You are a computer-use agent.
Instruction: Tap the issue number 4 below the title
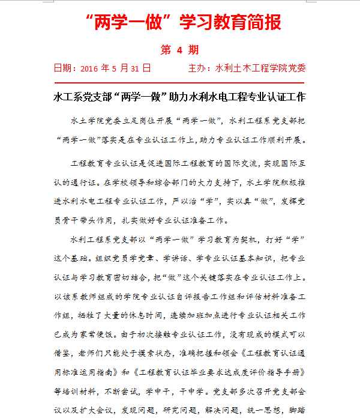coord(179,49)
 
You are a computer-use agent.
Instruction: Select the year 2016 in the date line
coord(89,68)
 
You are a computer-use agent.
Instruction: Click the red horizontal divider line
coord(179,82)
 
